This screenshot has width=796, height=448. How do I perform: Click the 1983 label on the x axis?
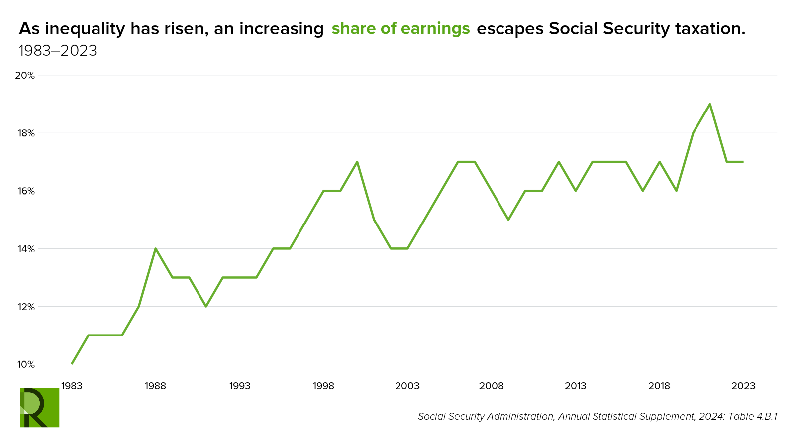(72, 386)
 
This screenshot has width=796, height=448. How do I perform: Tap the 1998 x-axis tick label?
(323, 386)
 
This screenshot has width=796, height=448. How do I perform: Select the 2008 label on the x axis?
(492, 386)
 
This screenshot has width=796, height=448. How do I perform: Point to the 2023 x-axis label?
(744, 386)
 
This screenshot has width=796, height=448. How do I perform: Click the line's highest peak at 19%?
(710, 104)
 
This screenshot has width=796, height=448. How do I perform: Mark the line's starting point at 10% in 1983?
(72, 364)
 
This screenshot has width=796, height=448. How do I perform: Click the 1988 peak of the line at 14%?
(156, 248)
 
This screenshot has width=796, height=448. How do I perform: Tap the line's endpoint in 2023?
(743, 162)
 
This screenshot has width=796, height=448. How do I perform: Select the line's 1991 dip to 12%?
(206, 306)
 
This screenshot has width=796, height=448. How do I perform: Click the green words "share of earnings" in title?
(400, 29)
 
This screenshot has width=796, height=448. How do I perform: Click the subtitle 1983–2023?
(58, 51)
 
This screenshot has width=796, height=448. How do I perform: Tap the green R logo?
(39, 407)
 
